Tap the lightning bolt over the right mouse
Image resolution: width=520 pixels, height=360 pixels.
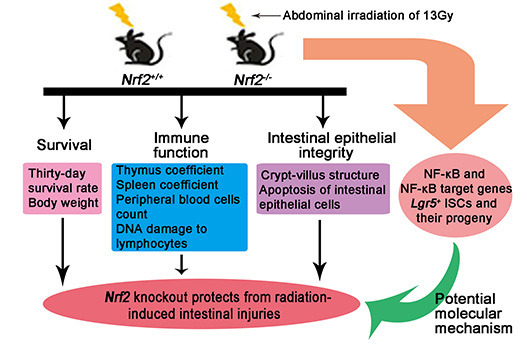(x=233, y=16)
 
